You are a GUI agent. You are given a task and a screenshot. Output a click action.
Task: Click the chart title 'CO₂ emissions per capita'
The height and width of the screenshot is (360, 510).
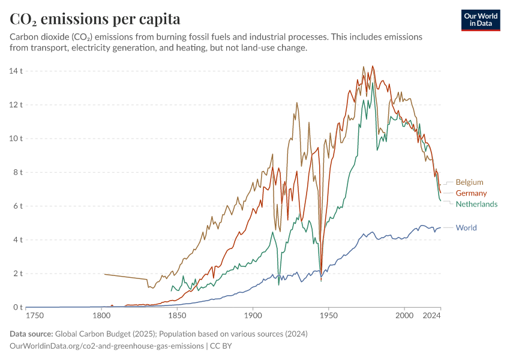pyautogui.click(x=95, y=19)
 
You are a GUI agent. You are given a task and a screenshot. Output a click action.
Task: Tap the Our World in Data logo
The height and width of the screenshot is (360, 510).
pyautogui.click(x=481, y=20)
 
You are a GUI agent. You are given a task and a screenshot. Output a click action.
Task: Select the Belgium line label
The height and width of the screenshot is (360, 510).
pyautogui.click(x=469, y=182)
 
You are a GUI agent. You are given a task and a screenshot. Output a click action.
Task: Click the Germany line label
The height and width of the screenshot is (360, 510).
pyautogui.click(x=471, y=193)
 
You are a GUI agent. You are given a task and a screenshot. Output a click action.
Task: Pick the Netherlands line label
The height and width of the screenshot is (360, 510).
pyautogui.click(x=476, y=204)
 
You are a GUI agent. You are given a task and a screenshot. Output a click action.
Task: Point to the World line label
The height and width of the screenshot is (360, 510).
pyautogui.click(x=466, y=228)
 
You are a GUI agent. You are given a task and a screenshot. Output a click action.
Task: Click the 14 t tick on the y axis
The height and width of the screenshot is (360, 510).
pyautogui.click(x=16, y=71)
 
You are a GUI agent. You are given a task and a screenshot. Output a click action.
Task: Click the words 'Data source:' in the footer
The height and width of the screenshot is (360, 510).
pyautogui.click(x=31, y=334)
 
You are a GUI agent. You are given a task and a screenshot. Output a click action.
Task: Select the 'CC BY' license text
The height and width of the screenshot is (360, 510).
pyautogui.click(x=221, y=346)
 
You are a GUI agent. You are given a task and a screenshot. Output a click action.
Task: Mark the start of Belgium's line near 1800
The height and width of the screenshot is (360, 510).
pyautogui.click(x=105, y=274)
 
